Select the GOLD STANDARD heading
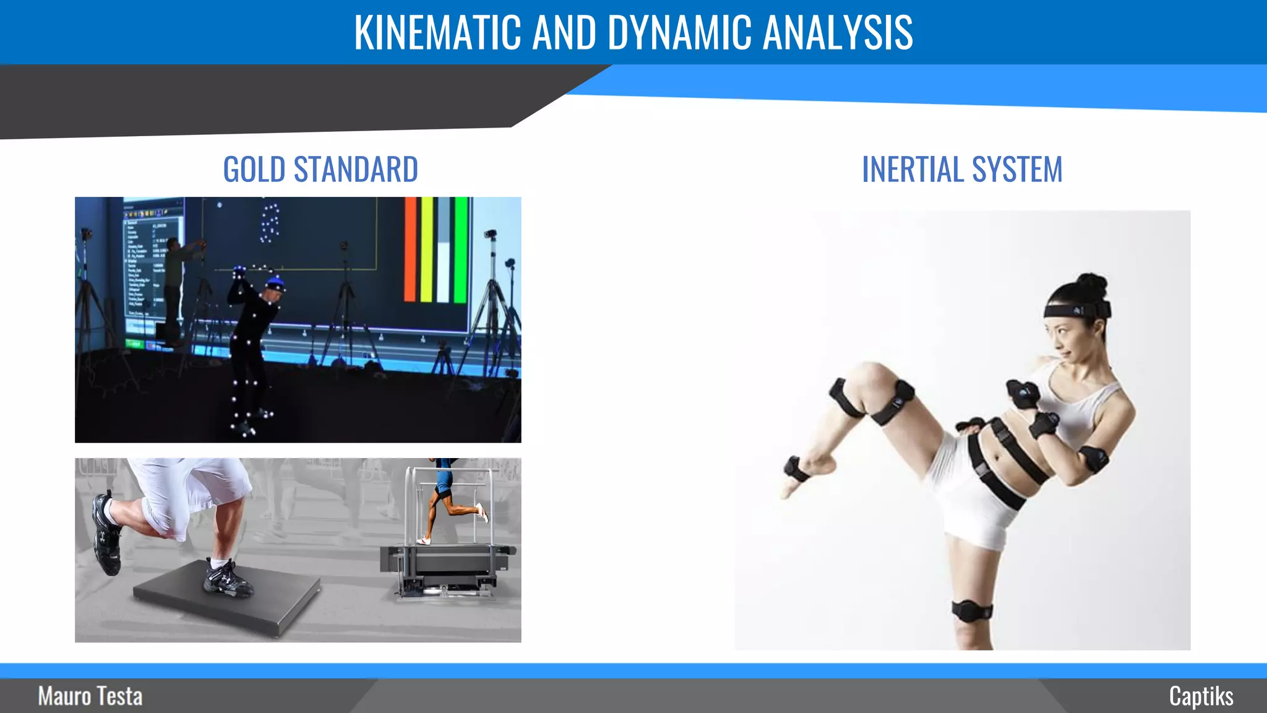(x=320, y=170)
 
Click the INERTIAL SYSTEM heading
(x=962, y=170)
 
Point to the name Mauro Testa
(x=90, y=696)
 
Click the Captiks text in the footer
(x=1201, y=696)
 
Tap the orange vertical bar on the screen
(x=411, y=249)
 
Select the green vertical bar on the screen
(x=461, y=249)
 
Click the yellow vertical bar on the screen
(x=427, y=249)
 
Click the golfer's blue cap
(x=275, y=285)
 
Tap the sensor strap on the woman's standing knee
(x=972, y=611)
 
